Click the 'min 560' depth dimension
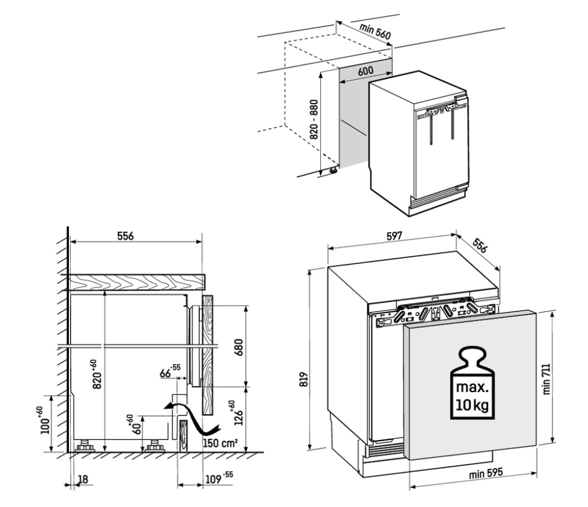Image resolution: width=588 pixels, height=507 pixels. [375, 32]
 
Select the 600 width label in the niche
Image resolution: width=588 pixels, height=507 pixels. [365, 71]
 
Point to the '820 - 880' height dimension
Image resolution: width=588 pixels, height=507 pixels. [314, 119]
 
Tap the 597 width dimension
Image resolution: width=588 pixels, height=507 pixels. [394, 236]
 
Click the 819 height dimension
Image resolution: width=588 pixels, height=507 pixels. [304, 379]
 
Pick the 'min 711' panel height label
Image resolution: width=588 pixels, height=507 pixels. [546, 379]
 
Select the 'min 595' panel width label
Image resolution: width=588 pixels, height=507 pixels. [486, 473]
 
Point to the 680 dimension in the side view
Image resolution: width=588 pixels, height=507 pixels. [238, 347]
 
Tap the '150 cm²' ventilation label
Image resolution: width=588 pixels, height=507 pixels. [220, 443]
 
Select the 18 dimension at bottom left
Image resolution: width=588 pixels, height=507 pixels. [83, 479]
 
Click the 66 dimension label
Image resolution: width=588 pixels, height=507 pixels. [170, 372]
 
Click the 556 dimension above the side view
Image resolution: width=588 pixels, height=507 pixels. [125, 236]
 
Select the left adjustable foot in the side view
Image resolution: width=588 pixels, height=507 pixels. [85, 446]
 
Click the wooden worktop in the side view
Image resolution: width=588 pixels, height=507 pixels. [135, 282]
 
